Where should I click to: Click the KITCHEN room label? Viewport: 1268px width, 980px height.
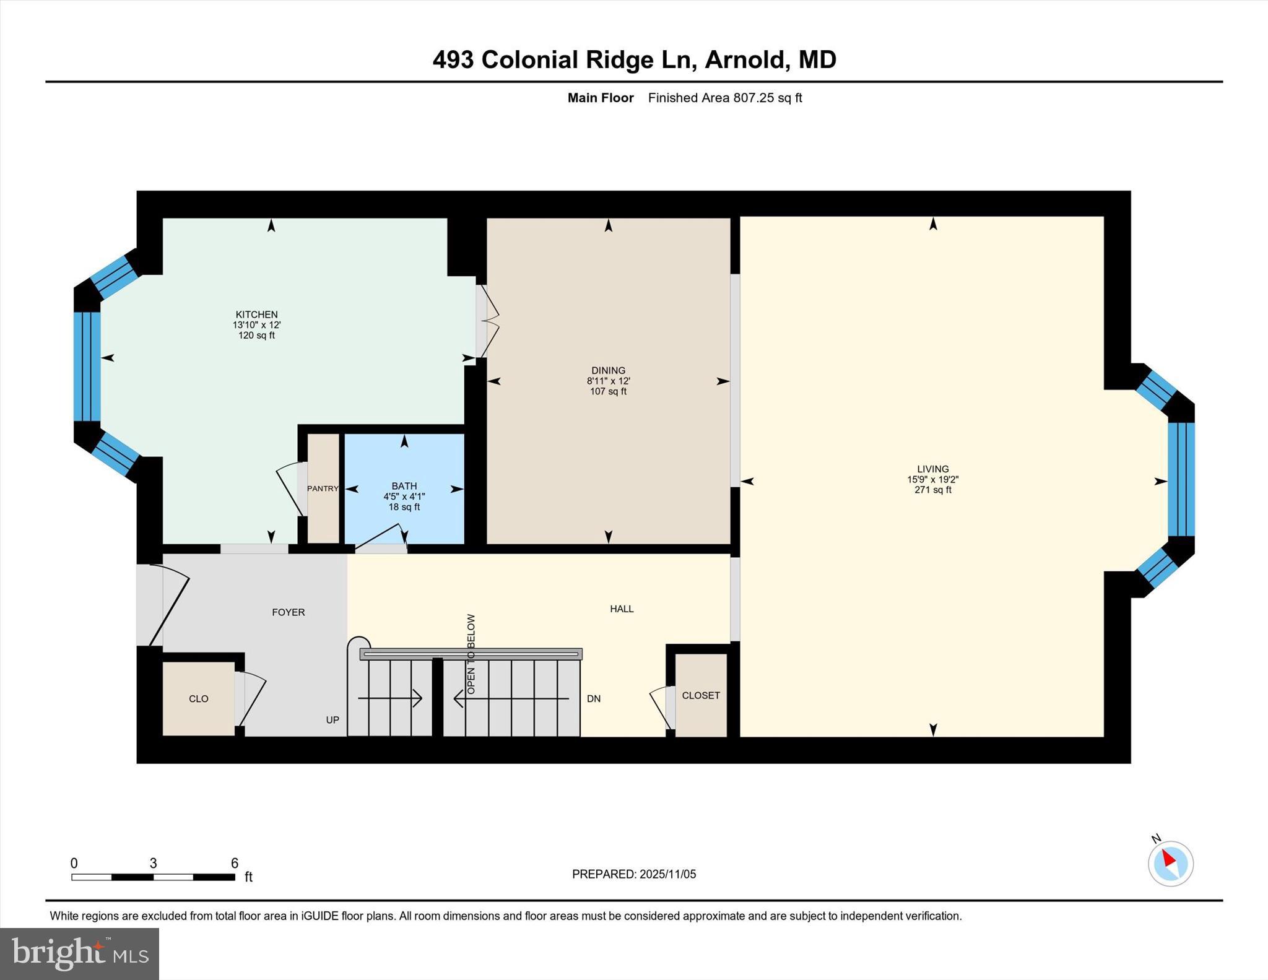[x=256, y=314]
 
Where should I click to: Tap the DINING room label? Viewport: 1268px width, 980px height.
[x=608, y=370]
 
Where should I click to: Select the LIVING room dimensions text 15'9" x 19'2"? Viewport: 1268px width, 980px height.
[x=932, y=479]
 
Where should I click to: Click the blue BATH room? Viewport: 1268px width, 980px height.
[x=404, y=470]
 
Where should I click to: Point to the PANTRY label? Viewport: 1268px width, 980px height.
[x=323, y=488]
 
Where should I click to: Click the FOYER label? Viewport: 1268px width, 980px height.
[x=289, y=612]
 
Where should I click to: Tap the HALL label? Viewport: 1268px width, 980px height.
[x=622, y=609]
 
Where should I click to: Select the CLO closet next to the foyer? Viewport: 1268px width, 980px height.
[x=198, y=698]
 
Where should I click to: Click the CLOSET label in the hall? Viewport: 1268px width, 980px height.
[x=701, y=695]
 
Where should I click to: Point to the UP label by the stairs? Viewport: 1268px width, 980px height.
[x=332, y=720]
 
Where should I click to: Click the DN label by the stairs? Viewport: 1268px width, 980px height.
[x=594, y=698]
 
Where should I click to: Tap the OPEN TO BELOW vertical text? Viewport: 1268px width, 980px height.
[x=471, y=654]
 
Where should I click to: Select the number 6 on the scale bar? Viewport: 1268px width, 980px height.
[x=235, y=863]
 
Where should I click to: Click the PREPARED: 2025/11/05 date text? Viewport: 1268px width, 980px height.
[x=634, y=874]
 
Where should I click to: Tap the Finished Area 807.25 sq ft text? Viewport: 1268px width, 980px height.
[x=724, y=98]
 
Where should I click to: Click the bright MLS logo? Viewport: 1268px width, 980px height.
[x=79, y=953]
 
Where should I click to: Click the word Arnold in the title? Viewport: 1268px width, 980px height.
[x=745, y=59]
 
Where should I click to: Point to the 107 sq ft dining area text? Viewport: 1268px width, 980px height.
[x=608, y=391]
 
